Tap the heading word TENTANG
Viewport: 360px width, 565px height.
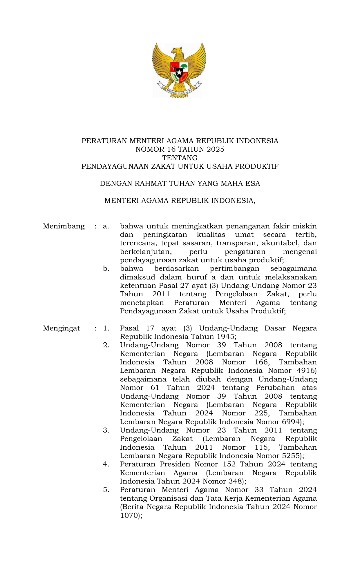(x=180, y=158)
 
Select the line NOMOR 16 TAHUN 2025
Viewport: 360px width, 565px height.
(x=180, y=149)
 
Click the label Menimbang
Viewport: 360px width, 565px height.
(x=64, y=226)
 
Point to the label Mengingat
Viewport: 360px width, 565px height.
(x=61, y=328)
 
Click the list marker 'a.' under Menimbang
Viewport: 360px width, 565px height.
(x=106, y=226)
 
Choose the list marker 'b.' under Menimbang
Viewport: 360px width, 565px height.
(x=106, y=269)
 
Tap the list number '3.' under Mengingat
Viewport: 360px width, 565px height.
(x=106, y=430)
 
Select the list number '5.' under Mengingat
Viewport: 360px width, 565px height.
(x=106, y=490)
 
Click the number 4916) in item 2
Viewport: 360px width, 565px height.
(x=307, y=370)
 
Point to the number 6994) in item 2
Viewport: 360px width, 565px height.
(x=293, y=422)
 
